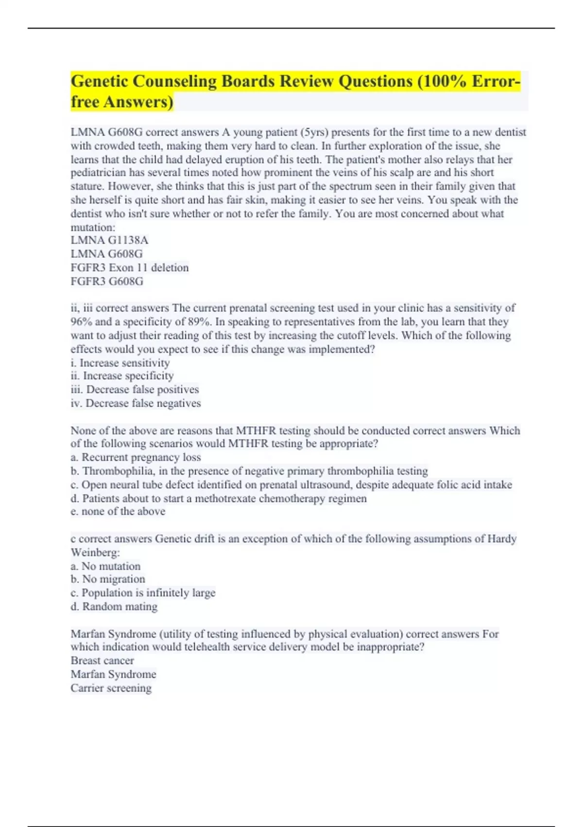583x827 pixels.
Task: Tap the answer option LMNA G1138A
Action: [109, 240]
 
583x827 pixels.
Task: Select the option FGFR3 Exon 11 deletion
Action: [129, 268]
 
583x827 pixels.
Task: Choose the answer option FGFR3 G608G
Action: [107, 281]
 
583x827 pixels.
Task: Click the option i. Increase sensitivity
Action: [120, 363]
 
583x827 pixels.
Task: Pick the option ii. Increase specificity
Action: [122, 376]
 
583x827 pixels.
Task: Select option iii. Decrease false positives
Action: [135, 390]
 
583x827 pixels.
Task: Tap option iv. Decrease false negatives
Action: [136, 403]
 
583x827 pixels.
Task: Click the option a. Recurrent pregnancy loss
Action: [136, 457]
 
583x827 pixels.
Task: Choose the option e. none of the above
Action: [118, 511]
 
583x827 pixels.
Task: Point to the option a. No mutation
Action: [105, 566]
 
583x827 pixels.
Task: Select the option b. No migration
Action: [108, 579]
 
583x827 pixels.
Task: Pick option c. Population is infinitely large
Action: [143, 593]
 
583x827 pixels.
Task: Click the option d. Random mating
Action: [114, 607]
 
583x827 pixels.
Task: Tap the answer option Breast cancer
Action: [102, 661]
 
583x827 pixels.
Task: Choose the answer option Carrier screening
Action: [111, 688]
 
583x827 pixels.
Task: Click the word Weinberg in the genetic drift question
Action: [95, 553]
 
